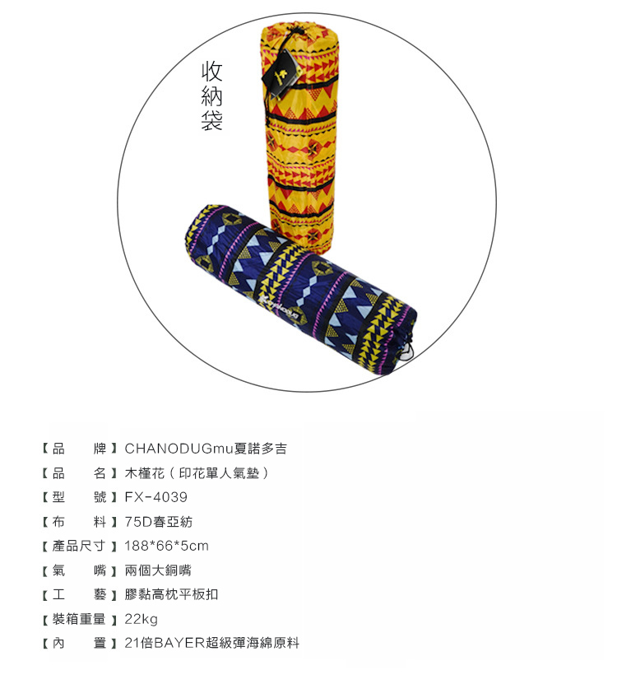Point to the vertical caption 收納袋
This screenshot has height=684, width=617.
(212, 96)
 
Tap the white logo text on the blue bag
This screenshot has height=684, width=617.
(278, 308)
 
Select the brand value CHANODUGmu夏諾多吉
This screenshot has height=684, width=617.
(206, 449)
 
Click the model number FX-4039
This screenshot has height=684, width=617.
(156, 497)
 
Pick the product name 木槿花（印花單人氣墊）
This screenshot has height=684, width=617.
(197, 472)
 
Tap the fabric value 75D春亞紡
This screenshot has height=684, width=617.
(159, 521)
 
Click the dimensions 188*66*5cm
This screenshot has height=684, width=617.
(166, 546)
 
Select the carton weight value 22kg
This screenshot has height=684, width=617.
(141, 619)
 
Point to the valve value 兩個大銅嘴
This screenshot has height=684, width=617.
(158, 570)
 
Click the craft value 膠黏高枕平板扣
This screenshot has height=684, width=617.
(171, 594)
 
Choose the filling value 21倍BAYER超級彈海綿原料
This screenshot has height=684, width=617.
(212, 643)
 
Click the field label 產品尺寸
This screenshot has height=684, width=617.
(79, 546)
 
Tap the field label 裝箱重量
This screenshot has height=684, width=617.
(79, 619)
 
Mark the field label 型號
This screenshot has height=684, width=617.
(79, 497)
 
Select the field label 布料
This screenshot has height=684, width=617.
(79, 521)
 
